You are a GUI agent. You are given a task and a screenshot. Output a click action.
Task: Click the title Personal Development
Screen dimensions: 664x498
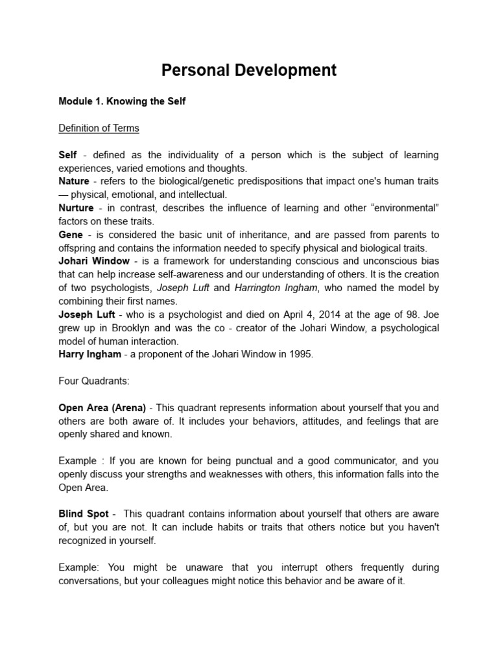[x=249, y=70]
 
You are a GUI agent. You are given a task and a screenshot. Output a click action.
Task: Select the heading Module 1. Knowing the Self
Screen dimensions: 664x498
[x=122, y=102]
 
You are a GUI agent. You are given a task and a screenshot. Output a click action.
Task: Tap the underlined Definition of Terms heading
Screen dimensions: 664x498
[x=99, y=128]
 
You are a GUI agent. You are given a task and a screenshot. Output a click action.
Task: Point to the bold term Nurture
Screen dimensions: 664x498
[x=76, y=208]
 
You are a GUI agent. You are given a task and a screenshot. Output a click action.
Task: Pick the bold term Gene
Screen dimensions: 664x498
[x=71, y=235]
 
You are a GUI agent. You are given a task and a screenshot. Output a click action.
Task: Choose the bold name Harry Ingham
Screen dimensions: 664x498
[x=90, y=354]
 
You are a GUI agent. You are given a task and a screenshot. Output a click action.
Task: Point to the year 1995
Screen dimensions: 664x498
[x=301, y=354]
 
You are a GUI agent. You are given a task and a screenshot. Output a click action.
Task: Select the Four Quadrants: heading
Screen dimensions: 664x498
[x=93, y=381]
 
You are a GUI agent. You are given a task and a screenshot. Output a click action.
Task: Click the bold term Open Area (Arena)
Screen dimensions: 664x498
[x=102, y=408]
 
